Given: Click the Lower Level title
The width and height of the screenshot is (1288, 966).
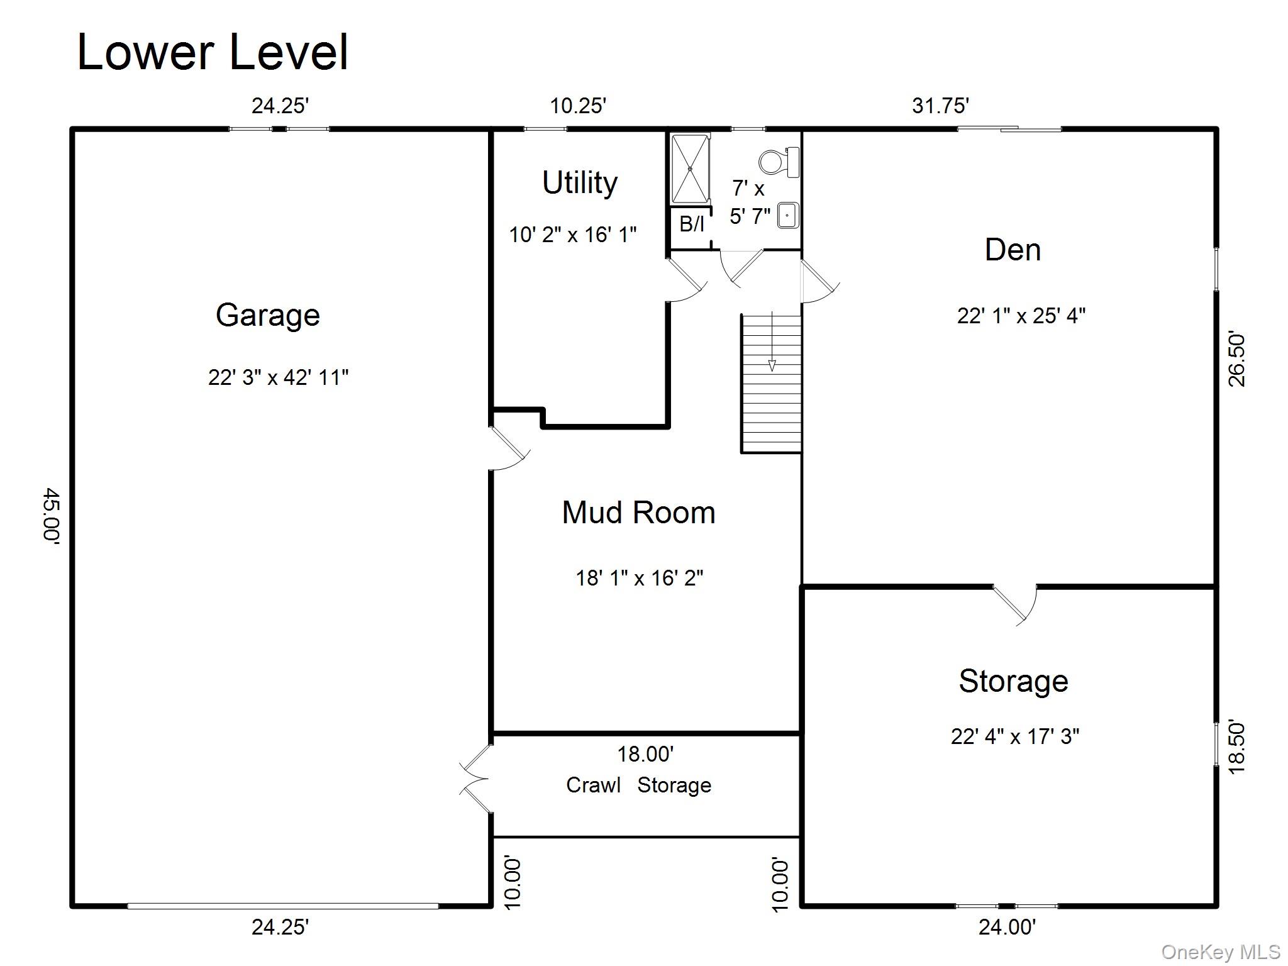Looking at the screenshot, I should click(x=212, y=52).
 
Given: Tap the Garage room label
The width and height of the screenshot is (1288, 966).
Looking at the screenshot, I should click(x=267, y=314).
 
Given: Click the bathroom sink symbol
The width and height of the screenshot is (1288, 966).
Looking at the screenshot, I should click(x=787, y=215).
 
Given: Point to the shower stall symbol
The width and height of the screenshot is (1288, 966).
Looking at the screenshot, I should click(x=690, y=169).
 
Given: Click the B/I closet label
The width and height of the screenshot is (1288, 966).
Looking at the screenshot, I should click(x=692, y=223).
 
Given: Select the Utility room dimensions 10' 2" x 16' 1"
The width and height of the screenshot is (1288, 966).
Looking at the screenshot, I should click(x=572, y=235).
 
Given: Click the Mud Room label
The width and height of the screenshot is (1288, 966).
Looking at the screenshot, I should click(x=638, y=513).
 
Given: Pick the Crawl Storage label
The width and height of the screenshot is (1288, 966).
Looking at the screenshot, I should click(x=638, y=785).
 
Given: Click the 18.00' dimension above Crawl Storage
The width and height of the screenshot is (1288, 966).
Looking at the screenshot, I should click(x=645, y=753).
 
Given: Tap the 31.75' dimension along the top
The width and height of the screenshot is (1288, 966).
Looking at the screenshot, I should click(x=940, y=106).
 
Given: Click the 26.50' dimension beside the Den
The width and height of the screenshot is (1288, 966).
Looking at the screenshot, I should click(x=1236, y=360).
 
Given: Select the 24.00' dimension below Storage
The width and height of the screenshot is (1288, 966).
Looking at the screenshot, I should click(x=1006, y=927).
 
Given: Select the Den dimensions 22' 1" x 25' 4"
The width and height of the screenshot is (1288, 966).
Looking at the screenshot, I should click(x=1021, y=315).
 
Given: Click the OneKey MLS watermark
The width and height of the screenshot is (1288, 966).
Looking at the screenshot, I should click(x=1220, y=952).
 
